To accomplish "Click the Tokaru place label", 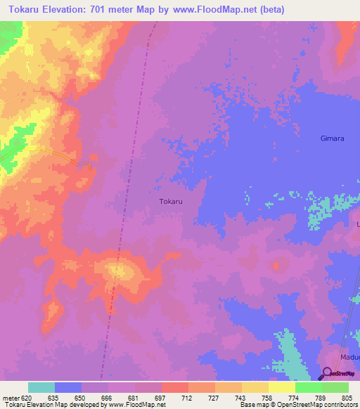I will click(x=171, y=201).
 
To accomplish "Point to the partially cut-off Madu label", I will click(x=349, y=357).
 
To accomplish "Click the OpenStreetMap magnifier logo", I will click(x=328, y=372).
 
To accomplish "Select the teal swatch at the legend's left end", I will click(x=41, y=387).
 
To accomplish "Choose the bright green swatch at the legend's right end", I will click(x=335, y=387).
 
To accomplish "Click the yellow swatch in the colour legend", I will click(x=281, y=387).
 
